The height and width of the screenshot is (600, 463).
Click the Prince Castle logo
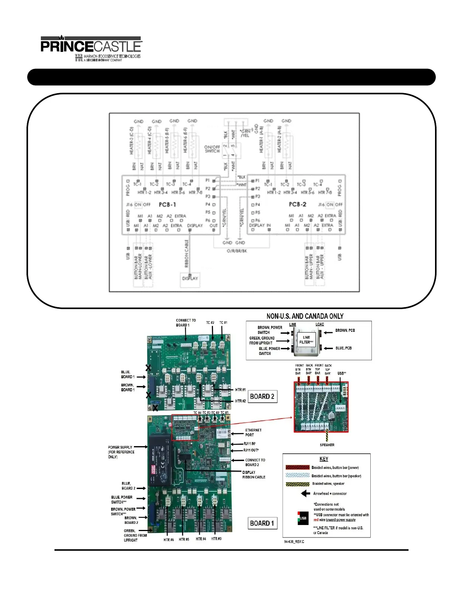click(x=91, y=48)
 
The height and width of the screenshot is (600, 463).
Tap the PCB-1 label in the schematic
click(x=167, y=205)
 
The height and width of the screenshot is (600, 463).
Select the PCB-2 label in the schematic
click(x=297, y=204)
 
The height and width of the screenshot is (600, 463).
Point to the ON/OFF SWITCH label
click(x=212, y=149)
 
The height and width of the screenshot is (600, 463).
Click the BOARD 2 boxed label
click(x=262, y=397)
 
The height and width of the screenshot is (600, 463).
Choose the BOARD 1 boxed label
click(x=262, y=523)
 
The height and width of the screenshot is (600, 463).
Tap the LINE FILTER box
click(x=306, y=340)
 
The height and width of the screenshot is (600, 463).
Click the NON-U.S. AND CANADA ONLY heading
click(x=305, y=316)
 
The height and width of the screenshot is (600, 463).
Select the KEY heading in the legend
click(x=324, y=459)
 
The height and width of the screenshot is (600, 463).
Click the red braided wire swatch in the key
click(x=297, y=467)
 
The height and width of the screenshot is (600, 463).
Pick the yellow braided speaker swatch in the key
click(x=297, y=484)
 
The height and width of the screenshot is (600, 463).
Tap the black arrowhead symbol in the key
click(x=305, y=494)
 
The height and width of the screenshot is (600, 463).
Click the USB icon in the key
click(x=303, y=518)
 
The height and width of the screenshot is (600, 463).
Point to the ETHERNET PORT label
click(x=253, y=433)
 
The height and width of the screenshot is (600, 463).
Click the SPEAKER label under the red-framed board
click(x=327, y=445)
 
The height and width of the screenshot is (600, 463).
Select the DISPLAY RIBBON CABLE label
click(x=253, y=475)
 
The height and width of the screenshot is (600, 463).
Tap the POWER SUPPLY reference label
click(x=121, y=452)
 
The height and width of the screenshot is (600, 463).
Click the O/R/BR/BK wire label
click(x=237, y=251)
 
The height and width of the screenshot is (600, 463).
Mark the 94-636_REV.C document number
click(x=294, y=542)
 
